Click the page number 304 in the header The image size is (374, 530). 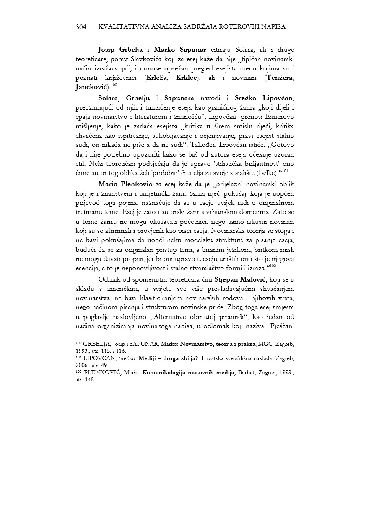pyautogui.click(x=81, y=27)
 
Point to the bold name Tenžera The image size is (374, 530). pyautogui.click(x=279, y=78)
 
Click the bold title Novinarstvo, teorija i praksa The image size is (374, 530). pyautogui.click(x=216, y=344)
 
